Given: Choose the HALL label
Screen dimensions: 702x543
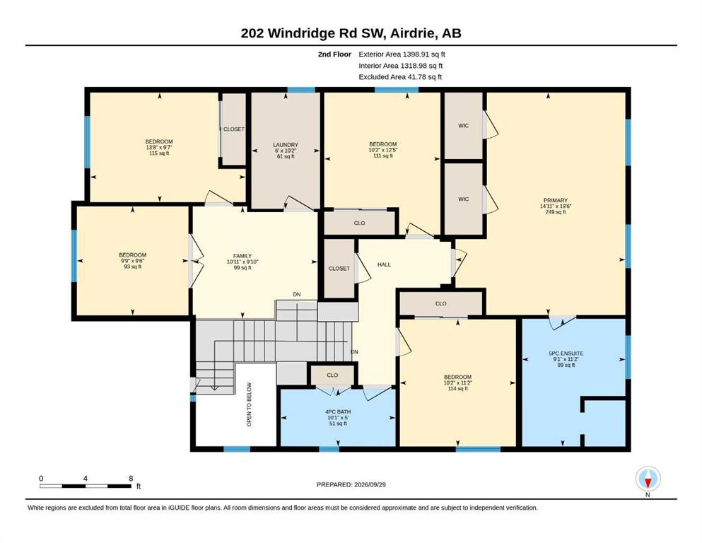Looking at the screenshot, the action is pyautogui.click(x=384, y=264).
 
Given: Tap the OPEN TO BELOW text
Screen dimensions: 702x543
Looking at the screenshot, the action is pyautogui.click(x=250, y=404).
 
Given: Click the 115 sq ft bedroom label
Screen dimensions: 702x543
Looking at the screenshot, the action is pyautogui.click(x=159, y=147).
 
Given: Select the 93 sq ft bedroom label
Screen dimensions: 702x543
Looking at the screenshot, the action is pyautogui.click(x=132, y=260).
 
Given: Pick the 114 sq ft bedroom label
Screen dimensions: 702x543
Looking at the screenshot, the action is pyautogui.click(x=457, y=383).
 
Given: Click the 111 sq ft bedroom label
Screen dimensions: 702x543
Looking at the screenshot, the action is pyautogui.click(x=382, y=150).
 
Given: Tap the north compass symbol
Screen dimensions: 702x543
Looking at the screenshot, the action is pyautogui.click(x=648, y=479).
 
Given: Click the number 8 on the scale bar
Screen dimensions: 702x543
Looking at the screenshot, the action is pyautogui.click(x=131, y=479).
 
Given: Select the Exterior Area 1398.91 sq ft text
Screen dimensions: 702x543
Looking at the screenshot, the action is pyautogui.click(x=402, y=54).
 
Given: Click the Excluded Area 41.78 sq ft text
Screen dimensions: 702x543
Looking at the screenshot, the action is pyautogui.click(x=400, y=76).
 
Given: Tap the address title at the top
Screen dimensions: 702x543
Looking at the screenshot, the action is pyautogui.click(x=351, y=33).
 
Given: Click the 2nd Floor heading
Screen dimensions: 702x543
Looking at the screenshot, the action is pyautogui.click(x=334, y=54).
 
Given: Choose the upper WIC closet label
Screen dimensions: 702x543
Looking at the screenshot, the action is pyautogui.click(x=463, y=126).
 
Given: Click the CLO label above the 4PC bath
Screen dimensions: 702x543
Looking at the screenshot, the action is pyautogui.click(x=332, y=375).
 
